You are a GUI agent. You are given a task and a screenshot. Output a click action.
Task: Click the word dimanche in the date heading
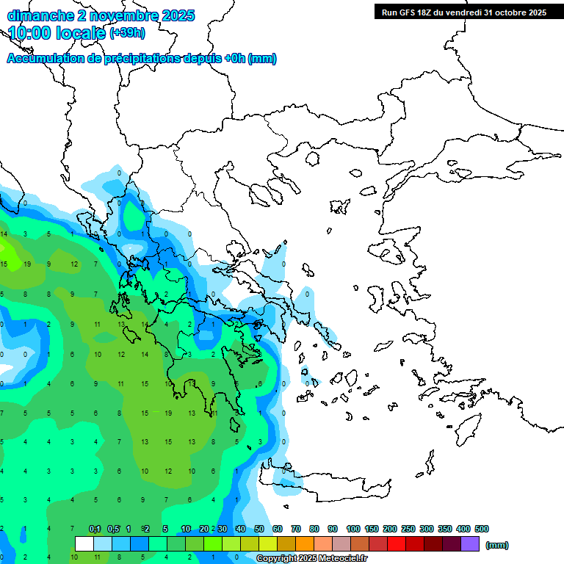(38, 15)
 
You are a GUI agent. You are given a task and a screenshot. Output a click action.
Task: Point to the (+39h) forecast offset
(127, 32)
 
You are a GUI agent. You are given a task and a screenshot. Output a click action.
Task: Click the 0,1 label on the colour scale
(95, 529)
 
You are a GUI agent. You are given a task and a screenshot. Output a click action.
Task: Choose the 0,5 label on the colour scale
(113, 529)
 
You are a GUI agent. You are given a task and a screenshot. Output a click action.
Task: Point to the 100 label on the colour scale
(352, 529)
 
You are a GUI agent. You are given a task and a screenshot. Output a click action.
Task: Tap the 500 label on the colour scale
(482, 529)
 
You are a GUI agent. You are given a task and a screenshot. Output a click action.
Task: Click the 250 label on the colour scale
(408, 529)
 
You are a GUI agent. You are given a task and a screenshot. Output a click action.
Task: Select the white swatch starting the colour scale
(84, 544)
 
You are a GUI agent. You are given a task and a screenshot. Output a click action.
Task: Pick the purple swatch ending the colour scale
(470, 544)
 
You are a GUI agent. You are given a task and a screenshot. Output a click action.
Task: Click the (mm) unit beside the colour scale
(497, 545)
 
